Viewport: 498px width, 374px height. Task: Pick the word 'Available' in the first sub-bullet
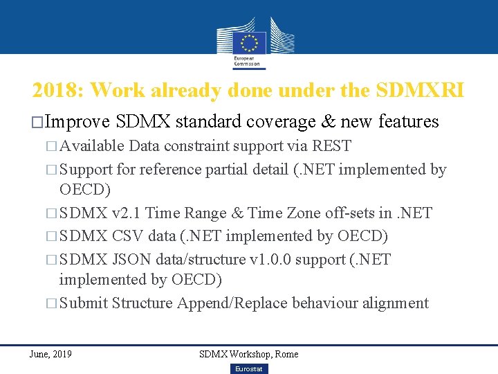[92, 146]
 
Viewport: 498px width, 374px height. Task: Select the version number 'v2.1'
[127, 213]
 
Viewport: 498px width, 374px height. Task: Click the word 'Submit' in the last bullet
[83, 303]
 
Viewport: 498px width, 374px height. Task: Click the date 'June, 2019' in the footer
[50, 354]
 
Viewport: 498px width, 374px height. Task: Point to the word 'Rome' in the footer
[286, 354]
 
